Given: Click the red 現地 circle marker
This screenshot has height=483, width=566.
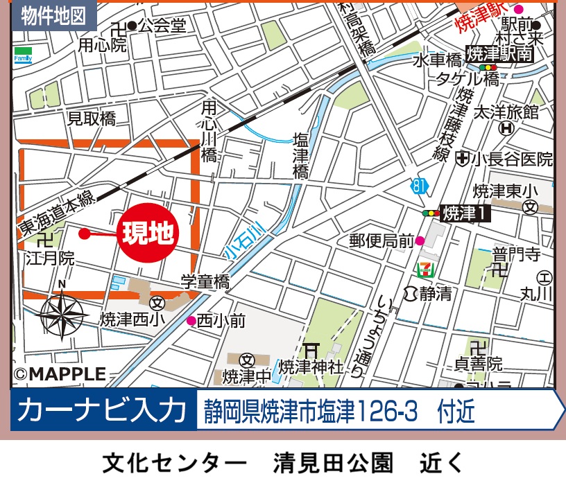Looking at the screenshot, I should tap(147, 234).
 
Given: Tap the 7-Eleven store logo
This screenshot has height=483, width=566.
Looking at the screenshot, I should tap(423, 269).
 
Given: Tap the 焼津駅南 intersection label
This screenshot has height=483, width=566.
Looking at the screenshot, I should tap(499, 55).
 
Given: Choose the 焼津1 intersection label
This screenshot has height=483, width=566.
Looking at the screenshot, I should tap(465, 213).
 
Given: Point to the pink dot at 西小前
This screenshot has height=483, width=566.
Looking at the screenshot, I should tap(191, 320).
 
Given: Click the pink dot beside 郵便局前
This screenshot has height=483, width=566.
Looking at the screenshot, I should tap(420, 241).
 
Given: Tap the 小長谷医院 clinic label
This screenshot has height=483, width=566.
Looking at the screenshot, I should tap(511, 159).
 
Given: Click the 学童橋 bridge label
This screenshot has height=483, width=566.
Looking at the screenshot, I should tap(205, 282).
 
